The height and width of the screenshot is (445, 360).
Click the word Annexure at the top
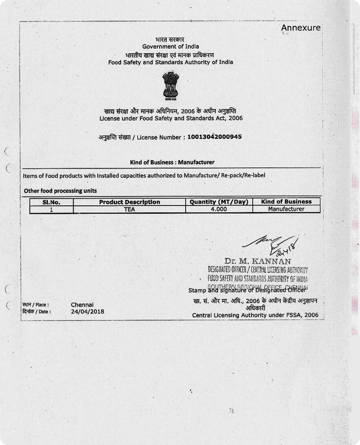(301, 28)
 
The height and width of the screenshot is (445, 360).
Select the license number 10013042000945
(214, 137)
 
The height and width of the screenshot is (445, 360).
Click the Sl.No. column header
(52, 202)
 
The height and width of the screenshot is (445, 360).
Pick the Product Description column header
(129, 202)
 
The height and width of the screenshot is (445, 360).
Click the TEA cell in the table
(129, 209)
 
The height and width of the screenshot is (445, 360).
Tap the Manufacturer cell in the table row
(286, 209)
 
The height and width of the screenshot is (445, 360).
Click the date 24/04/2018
(88, 311)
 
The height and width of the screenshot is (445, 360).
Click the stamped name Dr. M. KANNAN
(258, 261)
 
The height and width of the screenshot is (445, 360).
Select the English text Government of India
(171, 46)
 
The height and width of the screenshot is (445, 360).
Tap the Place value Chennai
(82, 305)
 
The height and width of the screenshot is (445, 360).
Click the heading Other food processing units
(60, 190)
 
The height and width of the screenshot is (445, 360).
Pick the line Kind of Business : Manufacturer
(172, 162)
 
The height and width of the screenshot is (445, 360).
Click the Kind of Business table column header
(286, 202)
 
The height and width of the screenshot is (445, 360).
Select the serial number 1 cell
(52, 209)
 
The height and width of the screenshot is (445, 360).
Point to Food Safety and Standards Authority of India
(171, 62)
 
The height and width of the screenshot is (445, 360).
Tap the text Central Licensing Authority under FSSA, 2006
(255, 315)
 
